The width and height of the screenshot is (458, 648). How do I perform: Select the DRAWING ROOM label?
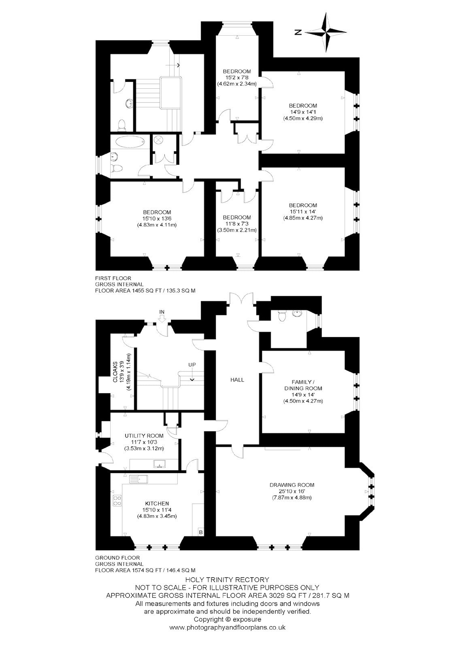pos(292,485)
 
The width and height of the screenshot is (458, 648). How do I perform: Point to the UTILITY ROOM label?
pos(144,436)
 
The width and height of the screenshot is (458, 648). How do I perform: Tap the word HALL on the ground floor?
pos(237,380)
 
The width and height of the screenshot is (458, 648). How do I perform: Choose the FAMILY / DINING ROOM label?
pos(303,385)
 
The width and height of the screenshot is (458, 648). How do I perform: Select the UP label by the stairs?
pos(192,365)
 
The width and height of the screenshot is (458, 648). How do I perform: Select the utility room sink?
pos(159,464)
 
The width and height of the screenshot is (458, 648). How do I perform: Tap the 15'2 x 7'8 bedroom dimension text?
pos(237,77)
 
